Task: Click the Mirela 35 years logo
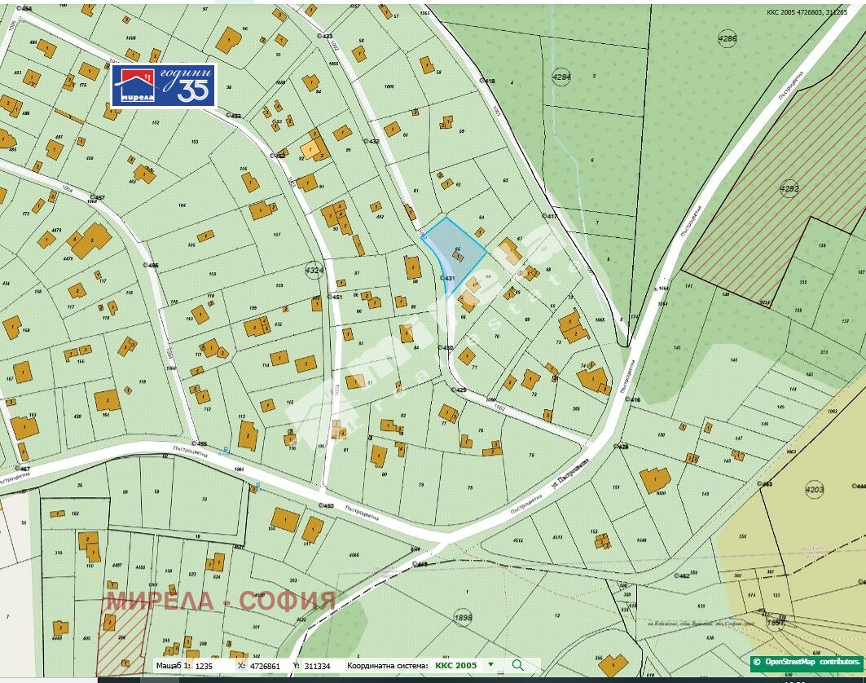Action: click(164, 86)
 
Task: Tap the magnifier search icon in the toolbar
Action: click(517, 665)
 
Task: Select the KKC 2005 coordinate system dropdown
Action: click(464, 665)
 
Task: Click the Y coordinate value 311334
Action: click(320, 666)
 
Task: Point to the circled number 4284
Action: click(561, 77)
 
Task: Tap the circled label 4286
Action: click(727, 38)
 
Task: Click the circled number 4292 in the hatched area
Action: click(789, 189)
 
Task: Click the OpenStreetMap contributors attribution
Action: click(807, 662)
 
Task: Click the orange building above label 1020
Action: click(655, 478)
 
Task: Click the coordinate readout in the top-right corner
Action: click(807, 12)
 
